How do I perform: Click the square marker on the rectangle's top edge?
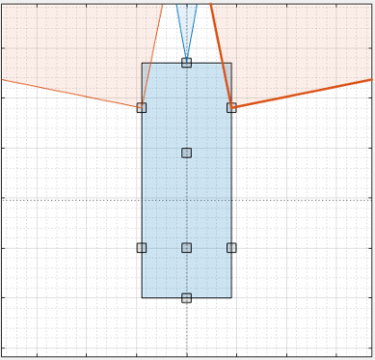186,63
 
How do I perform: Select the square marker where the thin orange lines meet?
142,107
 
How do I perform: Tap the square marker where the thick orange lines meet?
231,107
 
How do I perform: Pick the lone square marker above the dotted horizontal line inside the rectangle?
186,152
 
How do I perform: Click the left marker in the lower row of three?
142,247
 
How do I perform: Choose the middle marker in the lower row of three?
186,247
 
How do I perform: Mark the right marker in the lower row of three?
231,247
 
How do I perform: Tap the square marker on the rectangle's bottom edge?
186,297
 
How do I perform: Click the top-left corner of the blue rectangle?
142,64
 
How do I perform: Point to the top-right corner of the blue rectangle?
231,64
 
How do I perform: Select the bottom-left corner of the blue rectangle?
142,297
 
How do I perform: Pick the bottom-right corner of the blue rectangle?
231,297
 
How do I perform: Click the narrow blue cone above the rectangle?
186,24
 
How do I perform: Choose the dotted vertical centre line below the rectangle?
186,328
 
